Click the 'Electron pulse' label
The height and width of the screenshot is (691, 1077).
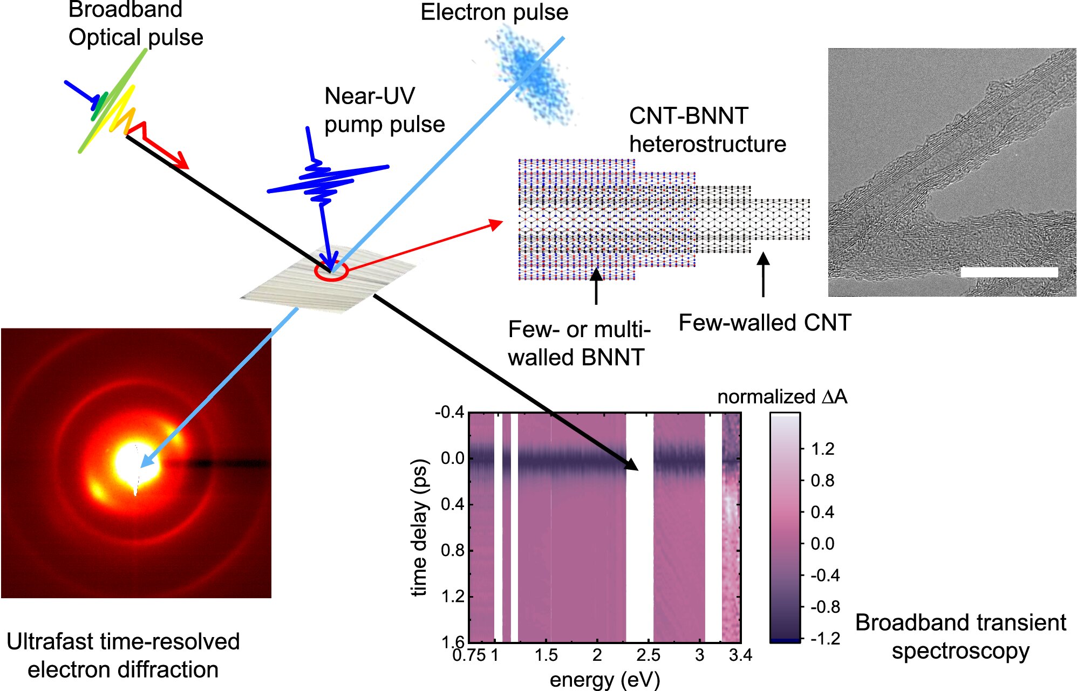tap(494, 12)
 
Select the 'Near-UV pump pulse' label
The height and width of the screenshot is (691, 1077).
tap(384, 110)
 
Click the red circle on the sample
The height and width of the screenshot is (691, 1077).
tap(331, 271)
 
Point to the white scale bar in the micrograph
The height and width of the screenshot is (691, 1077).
tap(1009, 272)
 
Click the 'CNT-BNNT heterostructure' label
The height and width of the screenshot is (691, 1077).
tap(707, 130)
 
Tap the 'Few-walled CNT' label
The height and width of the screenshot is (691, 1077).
tap(765, 323)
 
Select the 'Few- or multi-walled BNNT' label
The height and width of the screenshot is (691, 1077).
tap(579, 344)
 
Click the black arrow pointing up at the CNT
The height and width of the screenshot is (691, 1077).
tap(763, 275)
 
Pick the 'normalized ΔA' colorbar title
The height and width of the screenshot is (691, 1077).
tap(782, 397)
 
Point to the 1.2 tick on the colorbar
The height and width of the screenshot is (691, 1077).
tap(822, 449)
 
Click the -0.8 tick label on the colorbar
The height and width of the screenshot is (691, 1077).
tap(825, 607)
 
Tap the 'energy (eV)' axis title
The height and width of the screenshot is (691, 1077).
tap(604, 680)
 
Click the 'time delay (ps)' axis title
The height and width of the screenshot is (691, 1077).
tap(420, 528)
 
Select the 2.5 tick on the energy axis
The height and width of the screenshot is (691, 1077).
tap(648, 655)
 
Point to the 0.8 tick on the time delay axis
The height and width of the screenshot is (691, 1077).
tap(453, 550)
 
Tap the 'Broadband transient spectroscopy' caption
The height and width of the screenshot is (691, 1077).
tap(960, 637)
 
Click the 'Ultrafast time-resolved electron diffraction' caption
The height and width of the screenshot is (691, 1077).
tap(123, 655)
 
